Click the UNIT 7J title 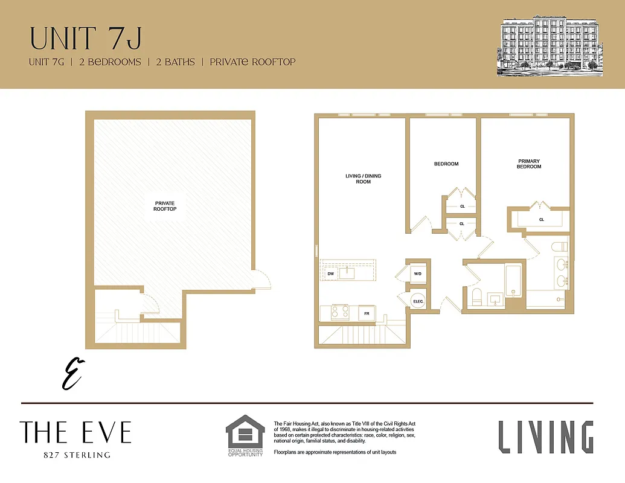86,38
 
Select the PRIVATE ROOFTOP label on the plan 165,206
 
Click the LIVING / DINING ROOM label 363,179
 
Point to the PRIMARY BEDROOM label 529,164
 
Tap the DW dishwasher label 330,273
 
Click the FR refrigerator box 367,313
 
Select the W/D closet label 418,273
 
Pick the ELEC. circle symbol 418,301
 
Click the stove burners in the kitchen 341,312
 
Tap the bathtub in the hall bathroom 513,281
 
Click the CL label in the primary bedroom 541,220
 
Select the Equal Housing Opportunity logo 245,435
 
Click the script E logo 72,374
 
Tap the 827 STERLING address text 77,455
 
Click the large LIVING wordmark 546,437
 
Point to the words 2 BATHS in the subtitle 175,62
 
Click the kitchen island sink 347,273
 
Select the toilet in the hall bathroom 476,296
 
